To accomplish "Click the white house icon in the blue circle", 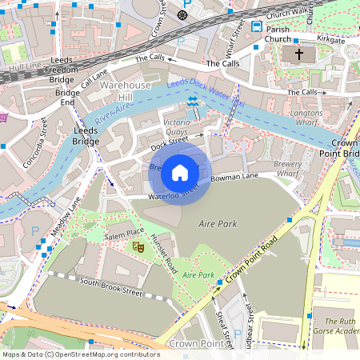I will coord(180,173).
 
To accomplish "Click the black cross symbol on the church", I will coord(300,55).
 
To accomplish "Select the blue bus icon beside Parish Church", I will coord(256,26).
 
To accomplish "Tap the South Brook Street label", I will coord(110,288).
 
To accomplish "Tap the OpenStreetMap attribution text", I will coord(81,354).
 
